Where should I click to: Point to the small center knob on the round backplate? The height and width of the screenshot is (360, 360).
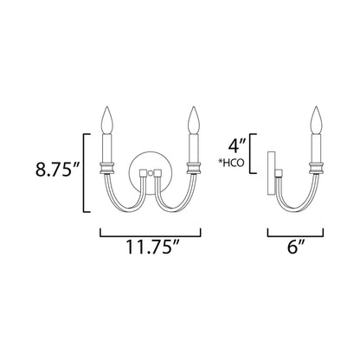point(150,174)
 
